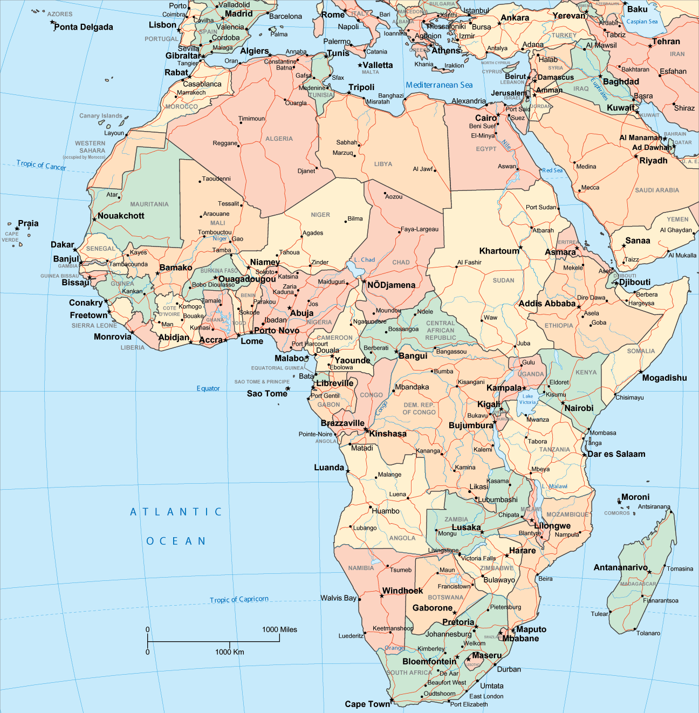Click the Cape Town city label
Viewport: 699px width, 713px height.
(x=367, y=704)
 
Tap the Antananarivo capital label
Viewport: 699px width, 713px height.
(x=620, y=567)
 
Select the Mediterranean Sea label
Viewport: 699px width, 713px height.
(x=439, y=85)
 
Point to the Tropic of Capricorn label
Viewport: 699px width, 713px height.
(x=239, y=599)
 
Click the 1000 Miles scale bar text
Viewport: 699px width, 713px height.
(x=279, y=629)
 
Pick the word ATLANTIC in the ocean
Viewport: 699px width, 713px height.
(x=176, y=512)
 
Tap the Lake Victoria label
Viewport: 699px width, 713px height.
(x=527, y=399)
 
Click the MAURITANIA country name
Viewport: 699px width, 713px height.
(x=149, y=204)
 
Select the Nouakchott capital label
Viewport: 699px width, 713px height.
(x=121, y=216)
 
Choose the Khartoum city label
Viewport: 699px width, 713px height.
(x=499, y=251)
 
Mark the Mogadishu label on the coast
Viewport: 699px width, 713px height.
(x=664, y=378)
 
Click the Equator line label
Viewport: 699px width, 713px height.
(x=208, y=388)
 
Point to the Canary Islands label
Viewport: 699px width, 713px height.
(x=101, y=115)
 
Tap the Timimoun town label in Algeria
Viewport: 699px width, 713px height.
(x=251, y=119)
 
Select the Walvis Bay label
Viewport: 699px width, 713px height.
(x=338, y=598)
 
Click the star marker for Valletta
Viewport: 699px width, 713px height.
(x=360, y=65)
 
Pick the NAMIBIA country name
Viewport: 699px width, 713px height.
(x=361, y=568)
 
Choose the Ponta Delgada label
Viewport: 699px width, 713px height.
(x=84, y=27)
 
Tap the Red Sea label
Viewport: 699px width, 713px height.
(x=552, y=170)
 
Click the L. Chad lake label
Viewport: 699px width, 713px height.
(x=365, y=259)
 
